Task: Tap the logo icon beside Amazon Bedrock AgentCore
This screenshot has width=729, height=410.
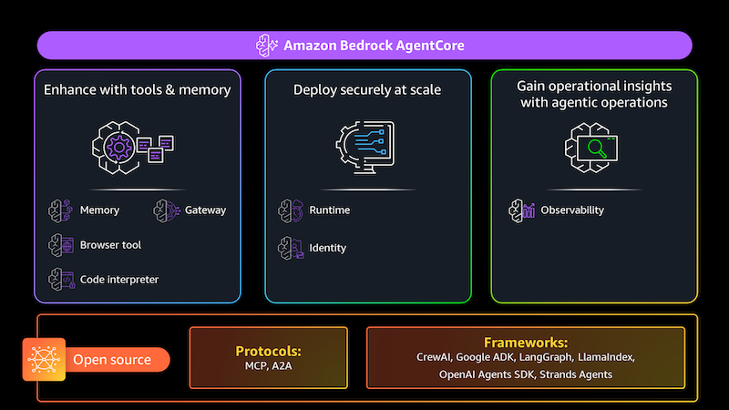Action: click(266, 45)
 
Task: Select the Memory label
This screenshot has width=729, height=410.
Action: click(99, 210)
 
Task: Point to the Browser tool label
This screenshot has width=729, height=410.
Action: click(110, 245)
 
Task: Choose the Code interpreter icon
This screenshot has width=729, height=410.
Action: click(60, 280)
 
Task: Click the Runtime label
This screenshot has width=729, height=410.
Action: click(330, 210)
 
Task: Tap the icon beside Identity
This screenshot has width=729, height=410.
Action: click(290, 247)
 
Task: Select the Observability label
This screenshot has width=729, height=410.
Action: click(572, 210)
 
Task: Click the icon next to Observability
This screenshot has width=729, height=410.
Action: click(519, 210)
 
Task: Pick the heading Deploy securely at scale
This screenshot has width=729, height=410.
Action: click(367, 89)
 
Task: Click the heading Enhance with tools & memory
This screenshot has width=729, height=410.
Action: click(138, 89)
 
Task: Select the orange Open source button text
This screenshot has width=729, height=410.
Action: click(111, 360)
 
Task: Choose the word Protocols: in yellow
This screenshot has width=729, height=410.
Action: click(268, 351)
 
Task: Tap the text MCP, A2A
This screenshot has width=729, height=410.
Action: click(268, 366)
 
